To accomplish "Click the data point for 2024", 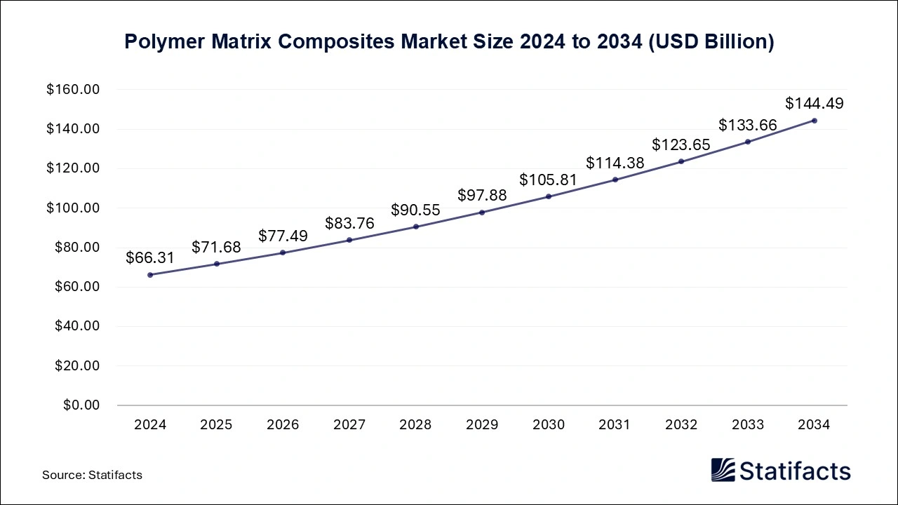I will coord(150,275).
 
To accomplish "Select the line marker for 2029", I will coord(482,213).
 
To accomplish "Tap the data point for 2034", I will coord(814,121).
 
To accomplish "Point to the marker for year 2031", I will coord(615,180).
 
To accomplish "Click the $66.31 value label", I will coord(150,258).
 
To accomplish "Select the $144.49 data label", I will coord(814,104).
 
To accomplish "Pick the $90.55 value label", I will coord(415,210).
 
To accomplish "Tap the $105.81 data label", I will coord(548,180).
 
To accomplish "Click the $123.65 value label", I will coord(681,145).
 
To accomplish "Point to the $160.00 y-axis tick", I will coord(74,90).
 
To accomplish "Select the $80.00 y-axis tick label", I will coord(77,248).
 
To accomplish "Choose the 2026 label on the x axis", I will coord(283,425).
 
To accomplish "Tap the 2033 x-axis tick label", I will coord(748,425).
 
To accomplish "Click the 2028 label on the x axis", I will coord(415,425).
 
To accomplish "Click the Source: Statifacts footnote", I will coord(92,475).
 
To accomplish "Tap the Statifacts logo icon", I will coord(723,470).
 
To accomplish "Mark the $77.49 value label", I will coord(283,236).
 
